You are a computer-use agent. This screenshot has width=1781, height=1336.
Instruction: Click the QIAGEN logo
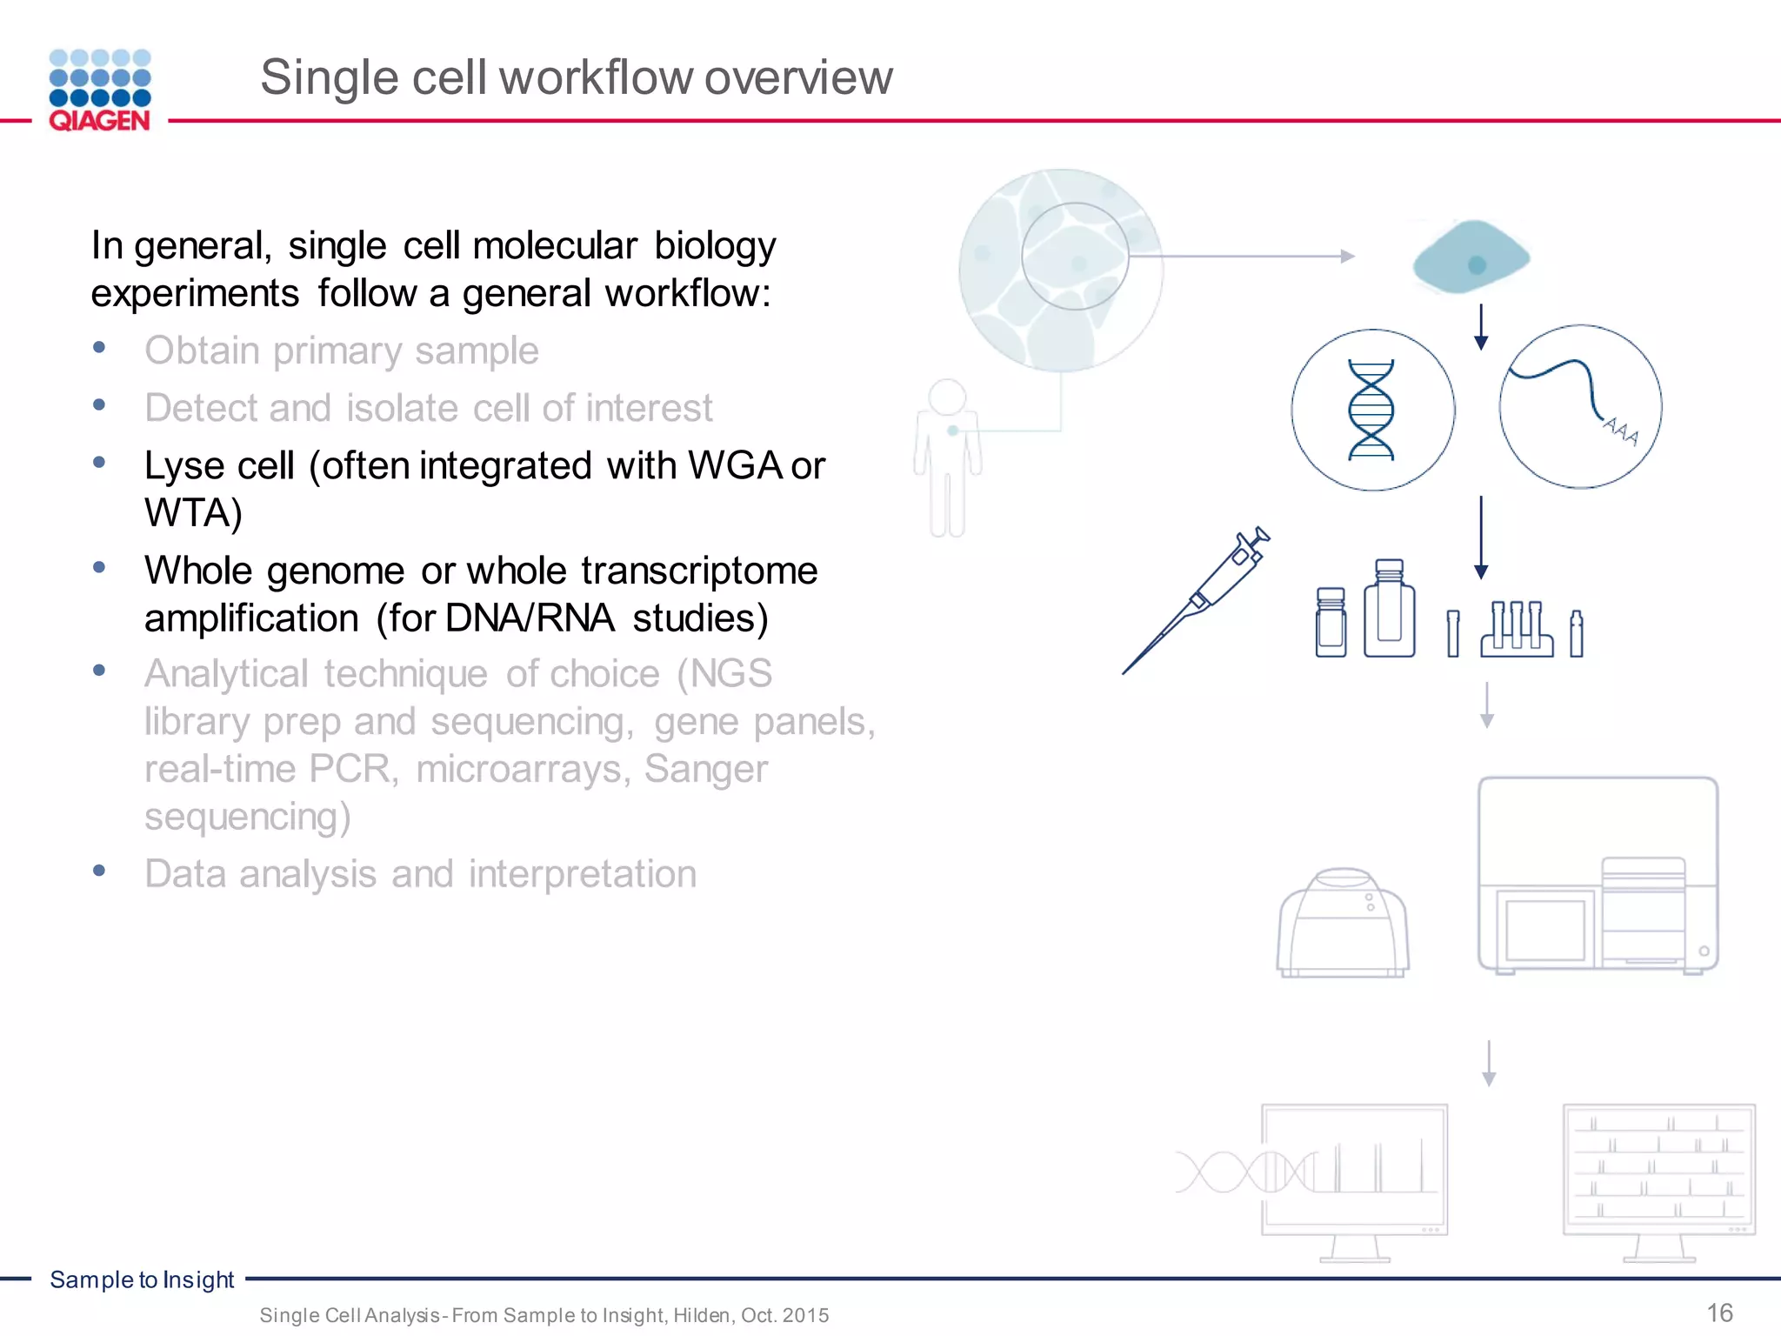pyautogui.click(x=100, y=90)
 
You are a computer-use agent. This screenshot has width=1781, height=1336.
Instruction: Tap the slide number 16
pyautogui.click(x=1719, y=1313)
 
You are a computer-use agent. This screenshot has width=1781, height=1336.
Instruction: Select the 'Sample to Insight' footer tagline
pyautogui.click(x=142, y=1279)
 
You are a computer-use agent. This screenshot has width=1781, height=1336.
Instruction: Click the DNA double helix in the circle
pyautogui.click(x=1371, y=410)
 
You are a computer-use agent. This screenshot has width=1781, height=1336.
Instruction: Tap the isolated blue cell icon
pyautogui.click(x=1471, y=257)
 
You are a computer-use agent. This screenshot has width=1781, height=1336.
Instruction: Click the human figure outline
pyautogui.click(x=947, y=458)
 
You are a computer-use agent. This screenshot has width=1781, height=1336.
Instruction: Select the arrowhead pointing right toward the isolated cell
pyautogui.click(x=1348, y=257)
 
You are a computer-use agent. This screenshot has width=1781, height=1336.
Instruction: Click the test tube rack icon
pyautogui.click(x=1517, y=629)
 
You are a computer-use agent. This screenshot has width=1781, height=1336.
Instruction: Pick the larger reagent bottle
pyautogui.click(x=1389, y=609)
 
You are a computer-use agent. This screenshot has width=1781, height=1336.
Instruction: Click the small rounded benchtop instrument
pyautogui.click(x=1343, y=923)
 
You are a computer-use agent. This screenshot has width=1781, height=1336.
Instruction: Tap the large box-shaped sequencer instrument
pyautogui.click(x=1598, y=874)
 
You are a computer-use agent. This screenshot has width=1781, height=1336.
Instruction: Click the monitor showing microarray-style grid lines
pyautogui.click(x=1658, y=1174)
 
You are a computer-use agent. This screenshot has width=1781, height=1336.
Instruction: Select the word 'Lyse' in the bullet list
pyautogui.click(x=184, y=466)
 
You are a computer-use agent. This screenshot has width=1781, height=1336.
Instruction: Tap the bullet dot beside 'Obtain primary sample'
pyautogui.click(x=99, y=348)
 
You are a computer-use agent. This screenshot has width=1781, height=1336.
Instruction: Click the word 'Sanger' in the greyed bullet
pyautogui.click(x=705, y=769)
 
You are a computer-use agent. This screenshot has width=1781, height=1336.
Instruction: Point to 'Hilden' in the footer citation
pyautogui.click(x=703, y=1315)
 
